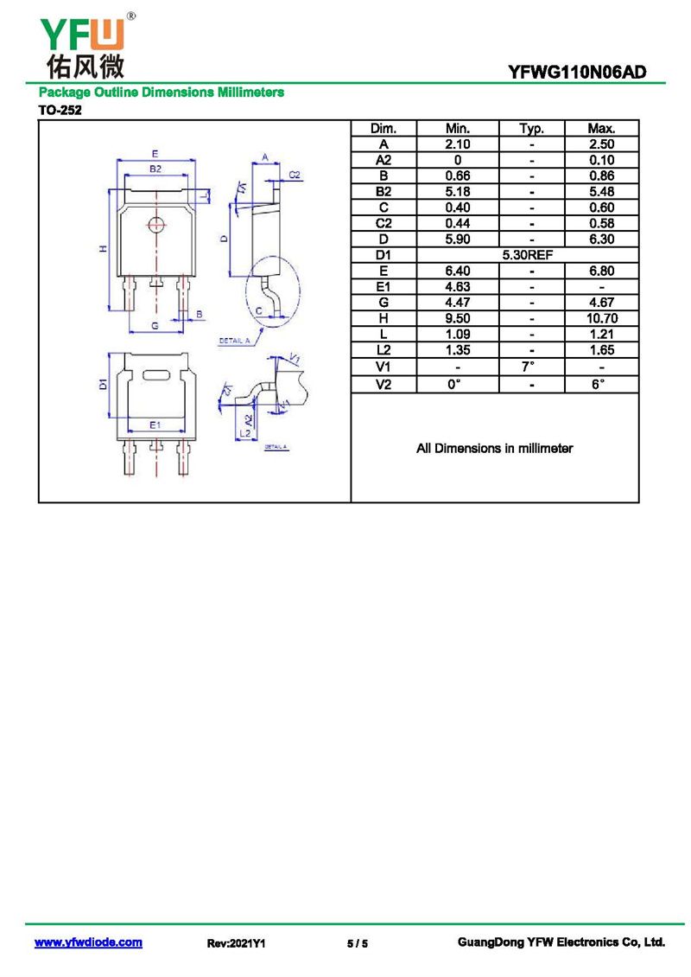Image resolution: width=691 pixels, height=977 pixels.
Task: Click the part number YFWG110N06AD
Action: click(577, 72)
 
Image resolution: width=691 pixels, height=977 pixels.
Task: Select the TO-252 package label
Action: click(60, 111)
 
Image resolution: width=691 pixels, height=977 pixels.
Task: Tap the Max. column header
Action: click(601, 128)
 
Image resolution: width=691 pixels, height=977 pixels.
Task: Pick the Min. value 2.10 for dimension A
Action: click(458, 144)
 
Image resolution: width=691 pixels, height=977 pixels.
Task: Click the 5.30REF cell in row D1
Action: click(527, 255)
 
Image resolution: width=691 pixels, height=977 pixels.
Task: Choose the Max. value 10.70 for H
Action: click(601, 318)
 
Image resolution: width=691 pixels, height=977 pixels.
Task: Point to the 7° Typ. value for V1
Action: click(528, 366)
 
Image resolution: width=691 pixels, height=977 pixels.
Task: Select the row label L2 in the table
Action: click(384, 350)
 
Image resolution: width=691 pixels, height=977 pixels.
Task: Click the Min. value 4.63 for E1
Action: click(458, 287)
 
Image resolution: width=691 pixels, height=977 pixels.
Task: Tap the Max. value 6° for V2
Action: click(599, 384)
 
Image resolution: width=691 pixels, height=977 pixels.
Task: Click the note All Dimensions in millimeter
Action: click(494, 448)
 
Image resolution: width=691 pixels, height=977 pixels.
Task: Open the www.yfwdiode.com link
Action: click(88, 942)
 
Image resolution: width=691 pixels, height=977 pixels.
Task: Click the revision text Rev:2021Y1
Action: click(236, 943)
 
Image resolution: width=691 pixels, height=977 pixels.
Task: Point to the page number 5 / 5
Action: click(358, 943)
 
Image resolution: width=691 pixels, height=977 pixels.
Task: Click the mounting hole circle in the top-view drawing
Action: click(155, 224)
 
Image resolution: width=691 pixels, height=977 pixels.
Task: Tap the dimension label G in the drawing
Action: click(155, 325)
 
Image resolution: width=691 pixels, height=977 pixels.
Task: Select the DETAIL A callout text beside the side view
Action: click(234, 341)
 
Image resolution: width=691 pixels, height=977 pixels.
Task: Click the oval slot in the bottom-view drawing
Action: click(155, 374)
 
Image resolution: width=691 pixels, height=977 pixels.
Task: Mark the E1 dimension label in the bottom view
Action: click(155, 425)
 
